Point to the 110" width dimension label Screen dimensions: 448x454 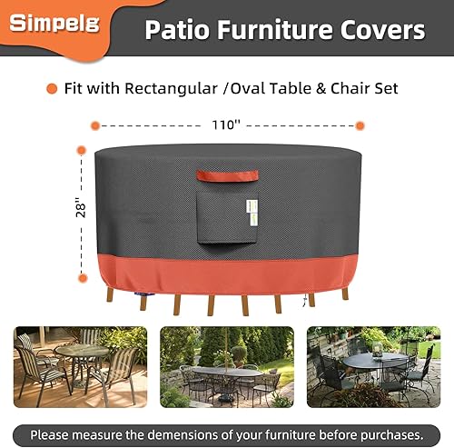[226, 124]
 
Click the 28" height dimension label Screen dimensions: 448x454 [80, 208]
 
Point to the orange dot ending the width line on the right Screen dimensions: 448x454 [360, 124]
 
